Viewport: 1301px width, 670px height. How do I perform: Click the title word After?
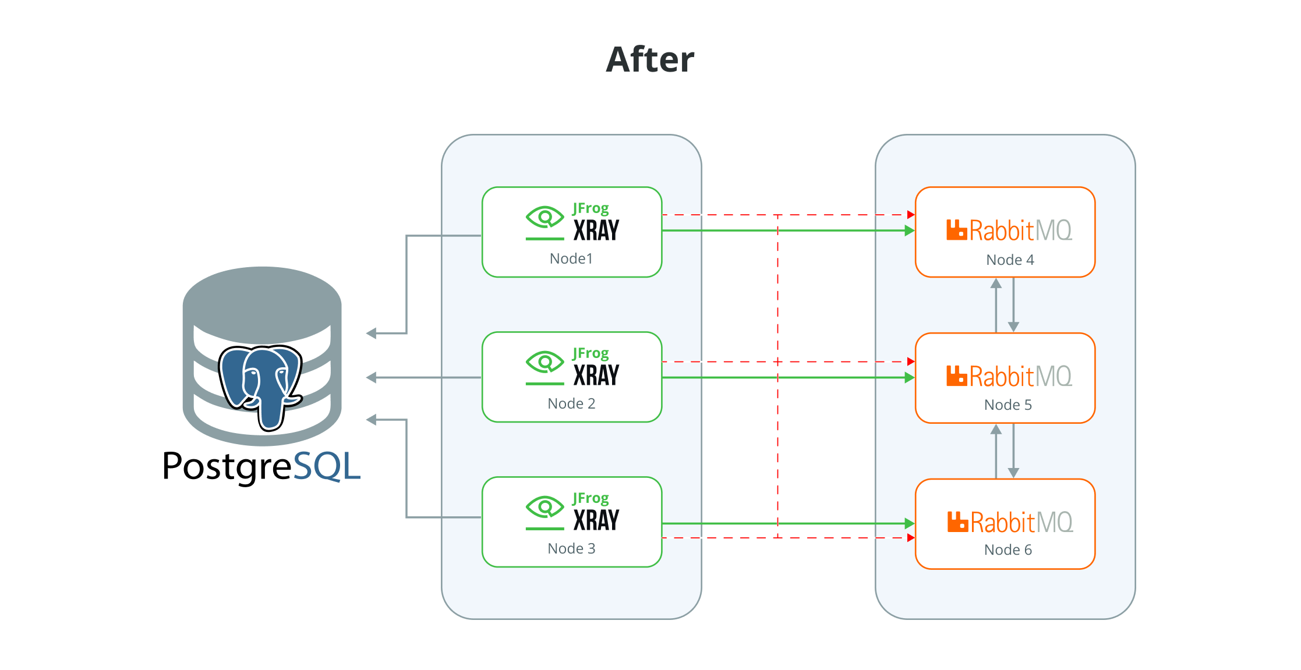click(x=650, y=59)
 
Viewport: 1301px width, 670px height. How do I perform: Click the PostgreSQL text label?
click(x=261, y=466)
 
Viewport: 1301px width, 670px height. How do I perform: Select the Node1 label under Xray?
click(x=571, y=258)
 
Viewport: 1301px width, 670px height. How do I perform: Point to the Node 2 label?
click(x=571, y=403)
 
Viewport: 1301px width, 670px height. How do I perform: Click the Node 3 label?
click(x=571, y=548)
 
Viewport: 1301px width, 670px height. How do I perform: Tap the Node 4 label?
click(x=1010, y=260)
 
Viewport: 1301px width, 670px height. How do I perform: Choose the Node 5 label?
click(x=1007, y=405)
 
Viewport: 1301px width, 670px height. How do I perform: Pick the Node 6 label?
click(x=1007, y=550)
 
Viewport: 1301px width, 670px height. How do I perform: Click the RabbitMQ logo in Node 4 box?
click(x=1009, y=231)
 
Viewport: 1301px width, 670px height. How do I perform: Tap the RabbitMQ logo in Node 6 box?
click(x=1010, y=522)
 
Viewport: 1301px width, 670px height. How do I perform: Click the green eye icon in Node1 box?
click(x=545, y=218)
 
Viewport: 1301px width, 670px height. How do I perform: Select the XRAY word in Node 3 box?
click(x=596, y=520)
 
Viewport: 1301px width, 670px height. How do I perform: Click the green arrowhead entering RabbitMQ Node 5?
click(x=909, y=378)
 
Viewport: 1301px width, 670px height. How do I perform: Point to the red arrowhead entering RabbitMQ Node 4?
click(x=911, y=215)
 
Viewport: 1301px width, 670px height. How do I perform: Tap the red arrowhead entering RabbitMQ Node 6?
click(x=911, y=538)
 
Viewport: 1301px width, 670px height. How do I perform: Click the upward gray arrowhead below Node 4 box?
click(x=996, y=284)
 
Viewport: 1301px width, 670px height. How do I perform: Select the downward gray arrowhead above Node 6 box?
click(x=1013, y=473)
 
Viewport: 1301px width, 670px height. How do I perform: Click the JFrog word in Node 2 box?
click(x=591, y=353)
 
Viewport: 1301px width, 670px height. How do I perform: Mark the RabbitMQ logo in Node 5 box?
click(x=1009, y=376)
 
